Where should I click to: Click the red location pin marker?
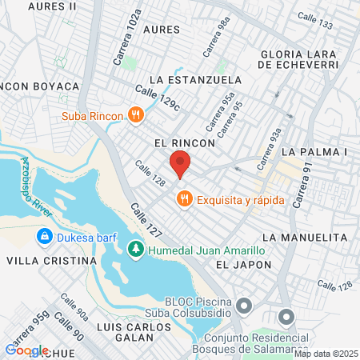click(181, 163)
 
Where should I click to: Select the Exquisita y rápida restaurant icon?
click(183, 197)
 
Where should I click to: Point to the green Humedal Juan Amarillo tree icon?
click(136, 250)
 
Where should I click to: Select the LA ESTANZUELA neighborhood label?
click(195, 80)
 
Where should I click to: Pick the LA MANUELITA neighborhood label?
click(305, 238)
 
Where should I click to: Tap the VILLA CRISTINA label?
click(51, 262)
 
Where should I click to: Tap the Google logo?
click(26, 349)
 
